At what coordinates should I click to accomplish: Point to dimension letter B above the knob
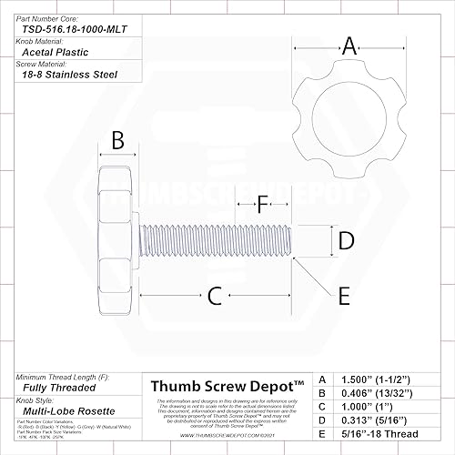tap(117, 141)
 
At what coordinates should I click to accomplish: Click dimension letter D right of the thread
tap(346, 240)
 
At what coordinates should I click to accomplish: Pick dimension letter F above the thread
tap(263, 204)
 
